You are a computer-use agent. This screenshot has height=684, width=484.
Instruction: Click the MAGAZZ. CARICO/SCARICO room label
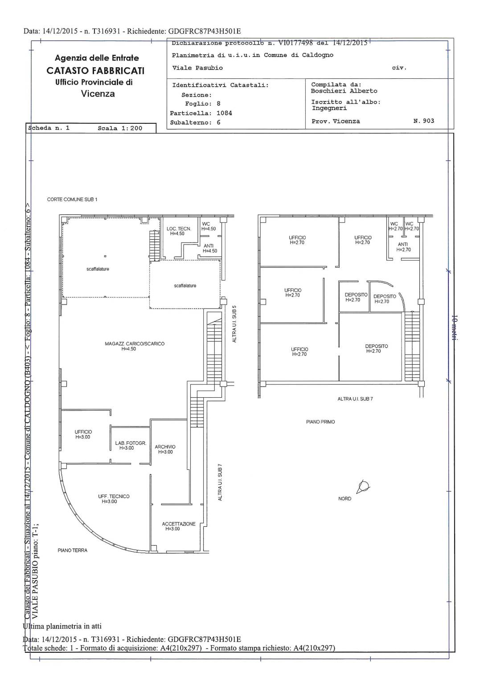click(135, 346)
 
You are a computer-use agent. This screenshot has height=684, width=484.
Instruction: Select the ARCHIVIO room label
click(165, 449)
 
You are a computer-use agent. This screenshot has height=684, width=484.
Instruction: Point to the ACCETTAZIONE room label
click(178, 526)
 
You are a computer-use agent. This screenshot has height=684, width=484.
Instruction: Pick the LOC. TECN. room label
click(179, 231)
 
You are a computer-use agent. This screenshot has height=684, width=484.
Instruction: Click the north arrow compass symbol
click(363, 486)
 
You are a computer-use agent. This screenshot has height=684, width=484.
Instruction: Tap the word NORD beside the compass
click(345, 499)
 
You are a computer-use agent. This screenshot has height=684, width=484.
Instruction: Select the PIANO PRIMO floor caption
click(320, 422)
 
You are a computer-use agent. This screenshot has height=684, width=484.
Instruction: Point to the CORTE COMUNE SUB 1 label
click(72, 199)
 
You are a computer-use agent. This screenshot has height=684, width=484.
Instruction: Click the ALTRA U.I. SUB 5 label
click(234, 324)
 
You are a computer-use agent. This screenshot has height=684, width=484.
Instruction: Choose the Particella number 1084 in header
click(224, 113)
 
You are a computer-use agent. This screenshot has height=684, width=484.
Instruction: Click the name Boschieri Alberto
click(344, 91)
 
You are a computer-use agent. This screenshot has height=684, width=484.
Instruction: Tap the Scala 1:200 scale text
click(120, 128)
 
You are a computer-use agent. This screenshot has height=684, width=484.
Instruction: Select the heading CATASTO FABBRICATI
click(95, 71)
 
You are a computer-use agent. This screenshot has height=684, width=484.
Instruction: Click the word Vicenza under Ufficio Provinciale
click(98, 94)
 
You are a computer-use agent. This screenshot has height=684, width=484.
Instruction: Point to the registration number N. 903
click(424, 121)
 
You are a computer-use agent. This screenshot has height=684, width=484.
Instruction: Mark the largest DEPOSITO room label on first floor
click(377, 348)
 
